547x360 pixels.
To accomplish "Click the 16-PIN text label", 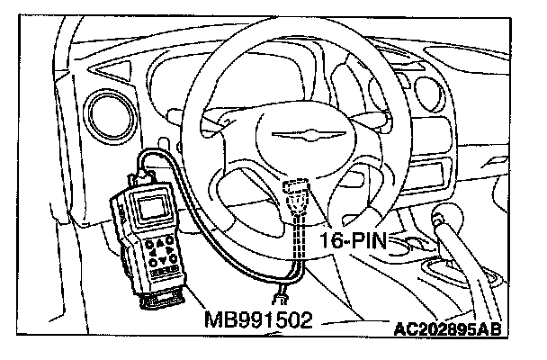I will [x=356, y=239].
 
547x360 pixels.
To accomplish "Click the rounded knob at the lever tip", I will [x=444, y=220].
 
